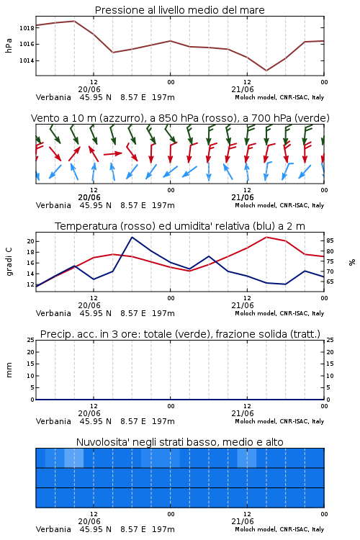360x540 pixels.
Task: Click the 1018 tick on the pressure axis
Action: pyautogui.click(x=27, y=28)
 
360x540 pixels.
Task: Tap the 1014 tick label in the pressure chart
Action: pyautogui.click(x=27, y=60)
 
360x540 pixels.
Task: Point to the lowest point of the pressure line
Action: pyautogui.click(x=266, y=71)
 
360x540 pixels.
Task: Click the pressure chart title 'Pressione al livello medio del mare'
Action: pyautogui.click(x=180, y=10)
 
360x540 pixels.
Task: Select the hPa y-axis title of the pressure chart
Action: pyautogui.click(x=9, y=45)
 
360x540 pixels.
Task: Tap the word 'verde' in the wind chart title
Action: pyautogui.click(x=312, y=118)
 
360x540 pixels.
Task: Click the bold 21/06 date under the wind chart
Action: pyautogui.click(x=243, y=197)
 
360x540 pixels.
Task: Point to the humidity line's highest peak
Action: pyautogui.click(x=132, y=238)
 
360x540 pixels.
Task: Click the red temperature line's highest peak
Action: pyautogui.click(x=266, y=237)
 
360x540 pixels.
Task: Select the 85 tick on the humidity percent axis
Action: pyautogui.click(x=330, y=240)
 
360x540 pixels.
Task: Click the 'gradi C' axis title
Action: pyautogui.click(x=9, y=261)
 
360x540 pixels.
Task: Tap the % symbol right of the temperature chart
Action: pyautogui.click(x=352, y=262)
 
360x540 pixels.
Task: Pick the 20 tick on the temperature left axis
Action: pyautogui.click(x=31, y=241)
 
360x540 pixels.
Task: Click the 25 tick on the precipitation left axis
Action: pyautogui.click(x=31, y=340)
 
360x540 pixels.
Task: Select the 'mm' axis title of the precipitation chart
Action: pyautogui.click(x=9, y=370)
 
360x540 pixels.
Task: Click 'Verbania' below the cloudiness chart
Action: pyautogui.click(x=53, y=529)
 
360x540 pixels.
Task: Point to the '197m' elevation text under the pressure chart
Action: pyautogui.click(x=163, y=97)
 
